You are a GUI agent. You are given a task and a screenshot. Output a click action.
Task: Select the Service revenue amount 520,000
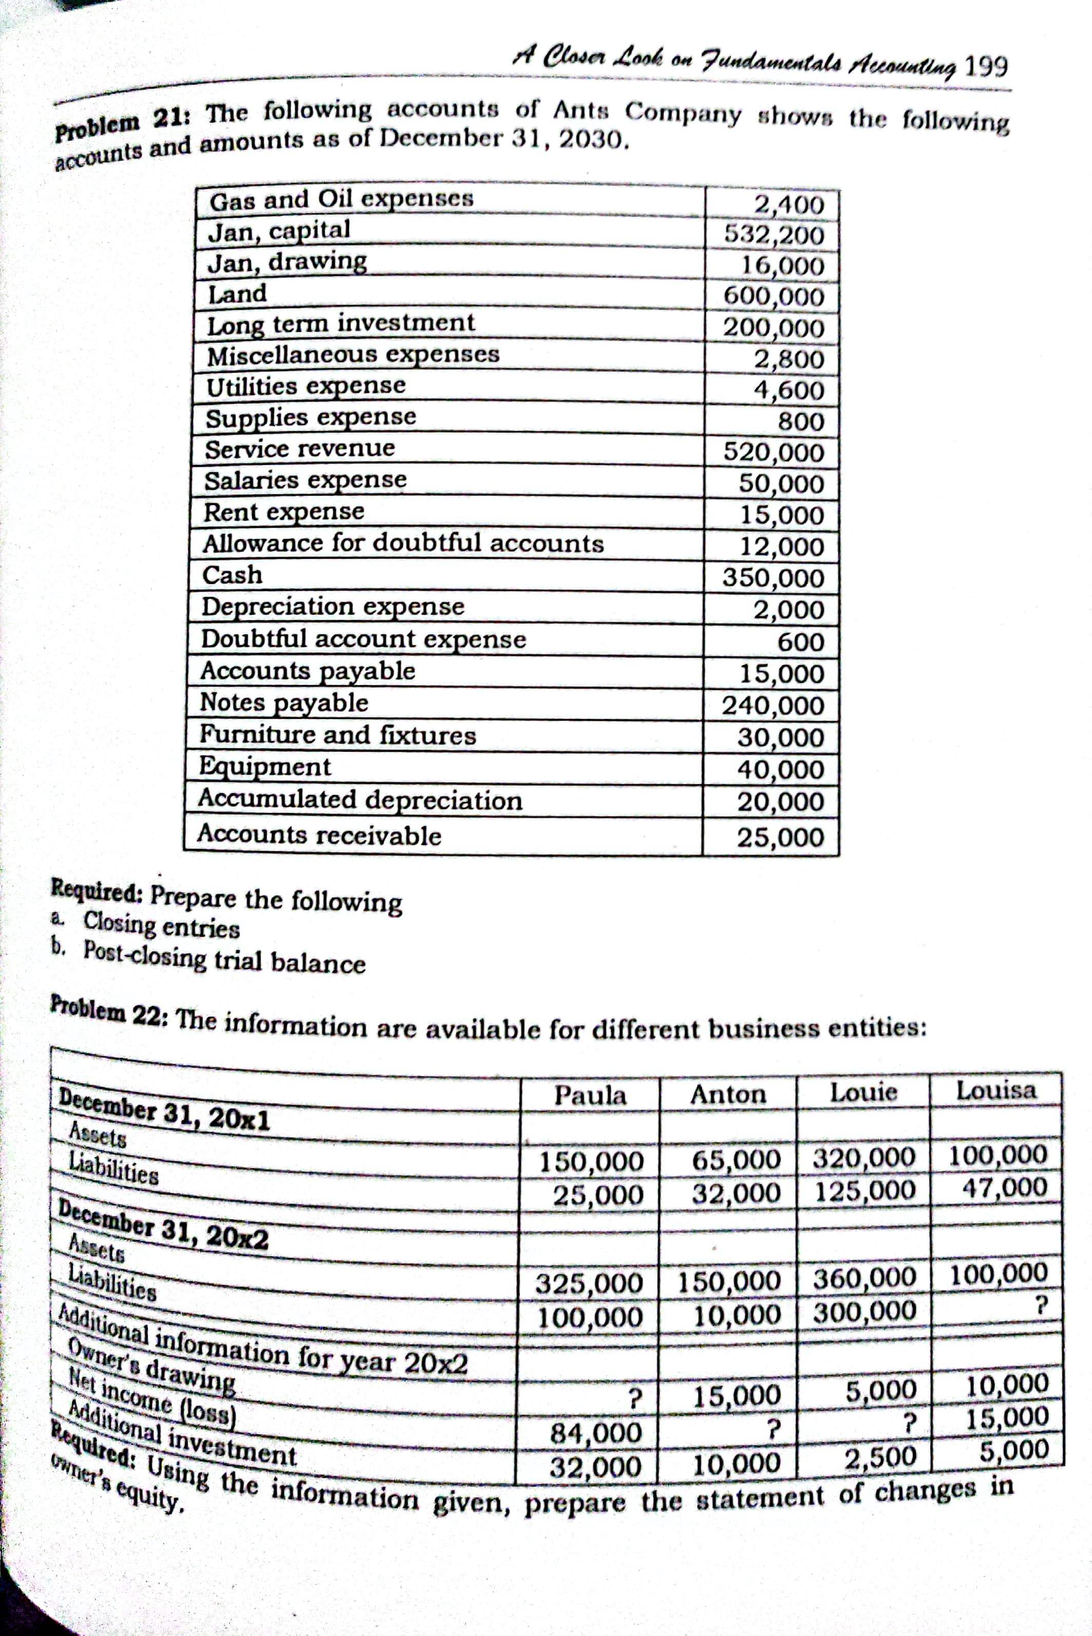tap(774, 452)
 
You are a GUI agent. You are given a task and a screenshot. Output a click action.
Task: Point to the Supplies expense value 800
tap(801, 421)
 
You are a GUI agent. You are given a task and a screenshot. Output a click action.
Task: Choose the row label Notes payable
tap(284, 702)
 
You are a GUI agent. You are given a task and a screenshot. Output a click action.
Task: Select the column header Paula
tap(591, 1096)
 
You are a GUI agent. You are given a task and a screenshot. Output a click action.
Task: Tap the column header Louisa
tap(996, 1090)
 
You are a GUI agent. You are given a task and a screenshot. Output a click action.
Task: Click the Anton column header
tap(728, 1094)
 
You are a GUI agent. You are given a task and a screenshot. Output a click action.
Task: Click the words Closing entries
tap(162, 926)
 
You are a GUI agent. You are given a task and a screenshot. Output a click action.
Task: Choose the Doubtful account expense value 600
tap(801, 641)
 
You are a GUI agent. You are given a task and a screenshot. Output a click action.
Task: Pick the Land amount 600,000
tap(774, 297)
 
